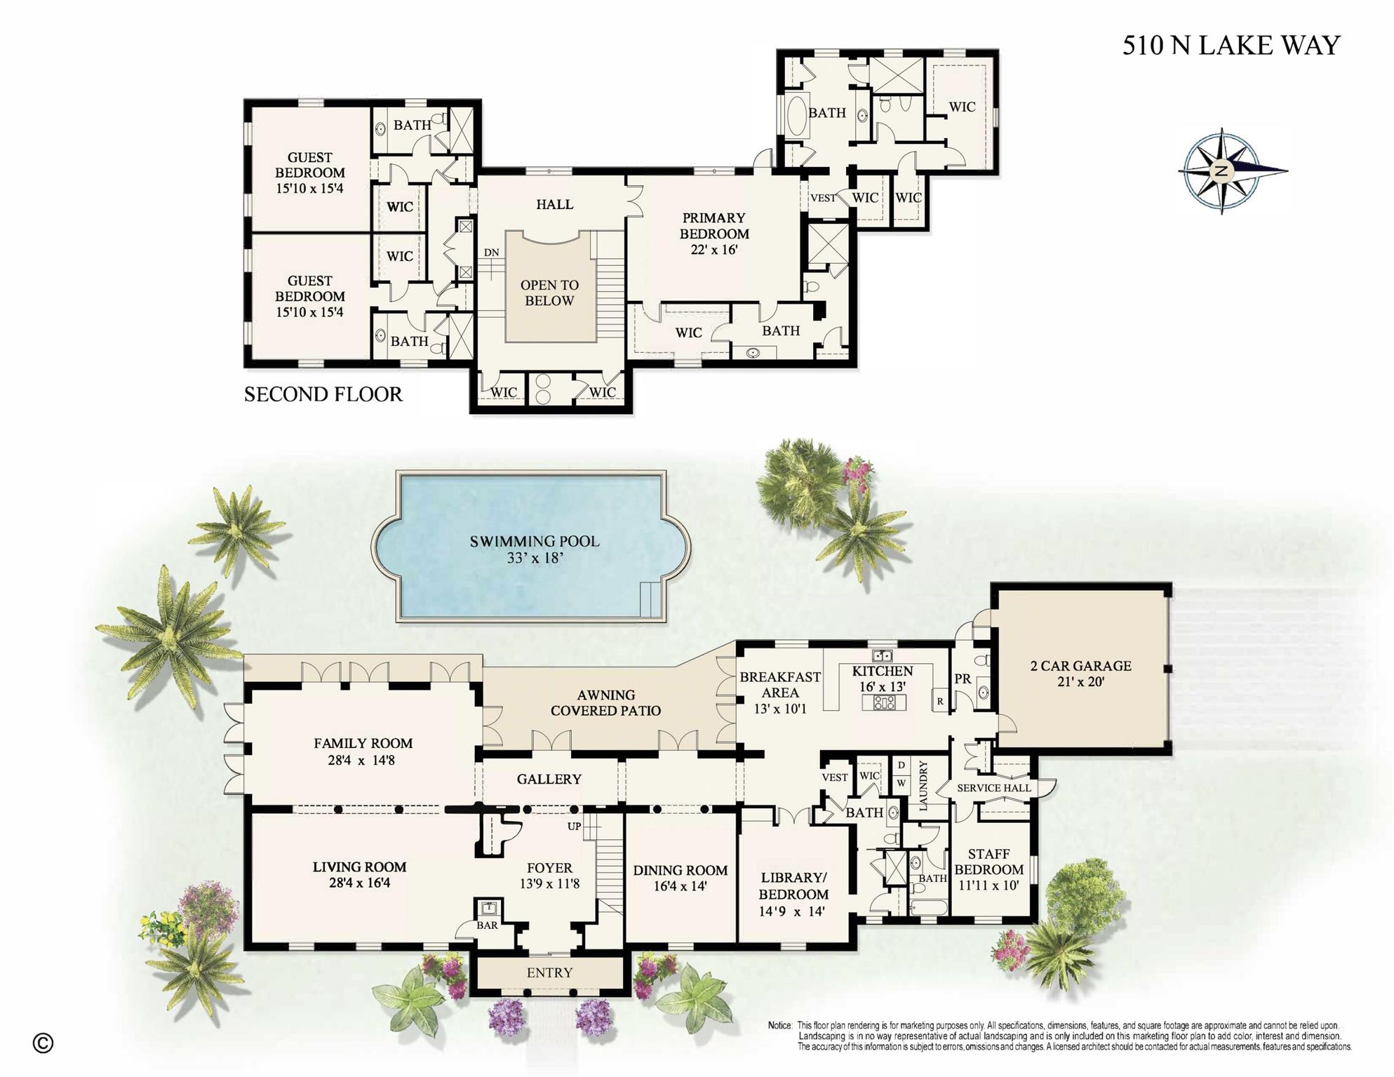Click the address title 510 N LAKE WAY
point(1231,46)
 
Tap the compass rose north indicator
point(1221,171)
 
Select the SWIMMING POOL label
point(535,542)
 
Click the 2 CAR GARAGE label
point(1080,666)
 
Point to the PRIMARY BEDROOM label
point(714,226)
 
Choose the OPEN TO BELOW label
point(549,293)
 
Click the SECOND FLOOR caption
point(323,394)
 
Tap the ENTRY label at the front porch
point(549,972)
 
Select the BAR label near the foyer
point(487,925)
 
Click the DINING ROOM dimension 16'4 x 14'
point(680,886)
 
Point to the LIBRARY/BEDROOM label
point(793,885)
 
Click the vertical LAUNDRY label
point(923,785)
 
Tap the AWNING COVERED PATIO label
point(605,702)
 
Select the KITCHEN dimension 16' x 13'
point(882,687)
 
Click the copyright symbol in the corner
point(43,1043)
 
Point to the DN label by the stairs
point(491,253)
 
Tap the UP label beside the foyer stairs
point(574,827)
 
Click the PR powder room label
point(963,679)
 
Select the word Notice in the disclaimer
point(779,1026)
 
